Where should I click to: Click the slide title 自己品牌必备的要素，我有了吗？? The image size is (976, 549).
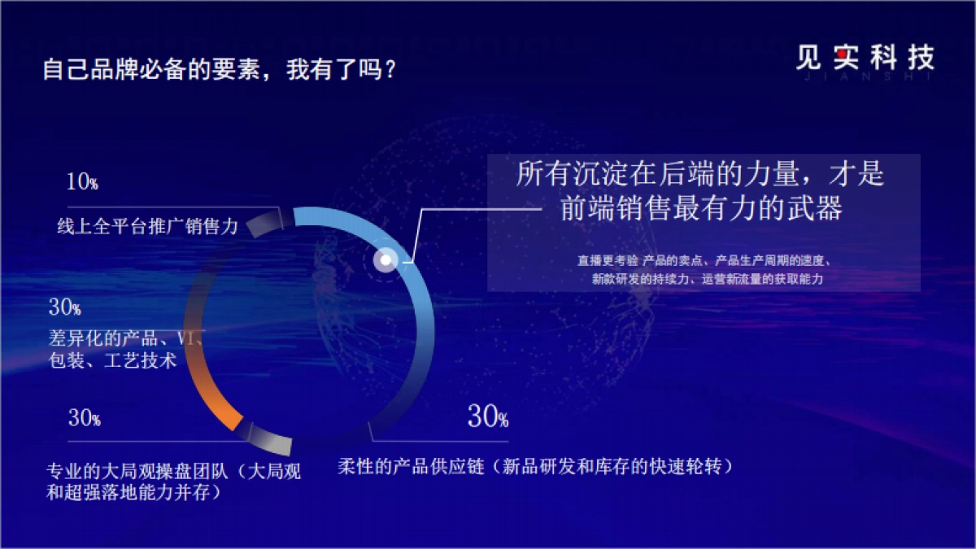(x=220, y=70)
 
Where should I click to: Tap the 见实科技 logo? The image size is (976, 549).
(x=865, y=59)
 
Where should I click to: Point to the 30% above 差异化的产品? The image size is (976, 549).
(x=65, y=307)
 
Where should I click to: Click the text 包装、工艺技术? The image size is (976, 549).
(x=112, y=360)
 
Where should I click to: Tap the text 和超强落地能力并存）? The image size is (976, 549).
(x=134, y=492)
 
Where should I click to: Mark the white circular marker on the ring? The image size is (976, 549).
(x=386, y=260)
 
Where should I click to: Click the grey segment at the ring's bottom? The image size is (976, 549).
(x=271, y=439)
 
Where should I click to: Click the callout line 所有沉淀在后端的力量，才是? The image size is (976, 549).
(x=699, y=174)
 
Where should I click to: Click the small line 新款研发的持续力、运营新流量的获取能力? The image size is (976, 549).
(x=708, y=279)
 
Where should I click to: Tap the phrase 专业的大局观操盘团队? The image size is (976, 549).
(x=138, y=472)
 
